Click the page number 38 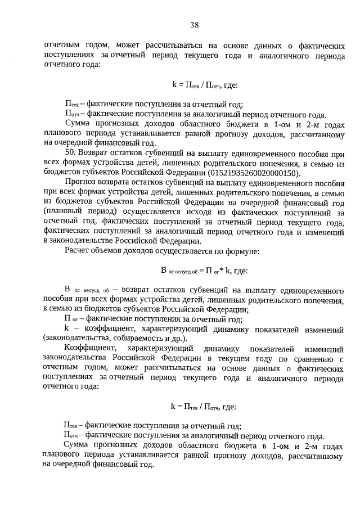point(194,25)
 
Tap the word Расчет point(79,250)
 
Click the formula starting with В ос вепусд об point(204,271)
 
